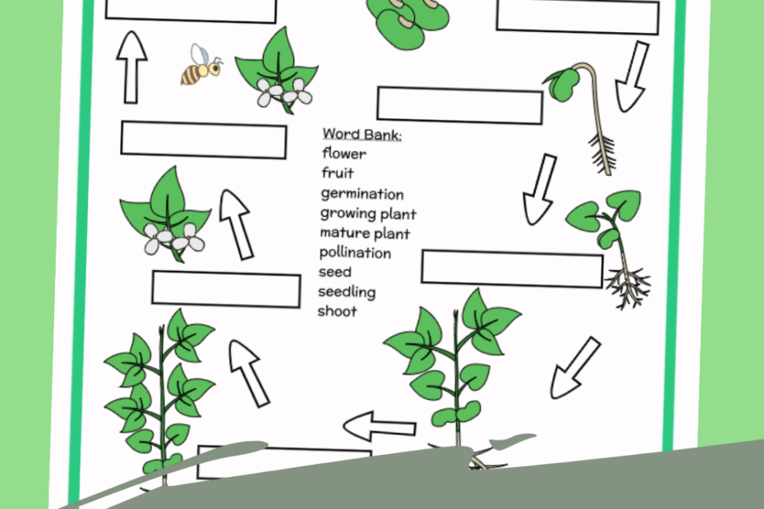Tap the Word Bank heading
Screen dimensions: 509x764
tap(361, 134)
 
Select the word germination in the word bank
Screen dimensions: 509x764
tap(362, 195)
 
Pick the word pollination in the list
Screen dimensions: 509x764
tap(355, 253)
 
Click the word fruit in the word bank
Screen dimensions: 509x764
tap(337, 173)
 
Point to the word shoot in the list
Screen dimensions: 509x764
tap(338, 311)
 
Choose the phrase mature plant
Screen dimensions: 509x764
tap(365, 234)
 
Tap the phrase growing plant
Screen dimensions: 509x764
tap(368, 214)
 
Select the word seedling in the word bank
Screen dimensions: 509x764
tap(347, 291)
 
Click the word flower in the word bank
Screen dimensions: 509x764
tap(344, 154)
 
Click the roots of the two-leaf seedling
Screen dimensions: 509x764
tap(629, 287)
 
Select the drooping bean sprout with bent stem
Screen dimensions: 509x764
tap(585, 107)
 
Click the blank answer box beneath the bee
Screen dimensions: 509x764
tap(203, 140)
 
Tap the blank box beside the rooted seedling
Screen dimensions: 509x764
tap(512, 269)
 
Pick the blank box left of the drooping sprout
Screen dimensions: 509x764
tap(459, 105)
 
